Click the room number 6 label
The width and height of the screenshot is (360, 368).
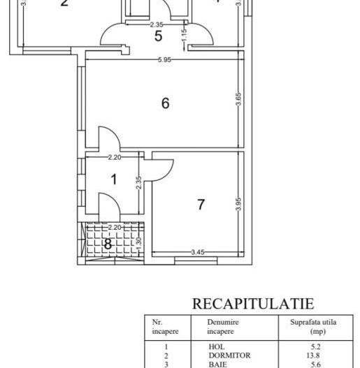pyautogui.click(x=165, y=103)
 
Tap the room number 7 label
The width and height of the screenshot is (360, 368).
pyautogui.click(x=201, y=205)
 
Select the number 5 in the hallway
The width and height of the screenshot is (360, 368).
pyautogui.click(x=158, y=36)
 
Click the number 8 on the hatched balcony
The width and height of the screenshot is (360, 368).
pyautogui.click(x=107, y=244)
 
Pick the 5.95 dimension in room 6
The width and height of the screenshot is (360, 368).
pyautogui.click(x=164, y=60)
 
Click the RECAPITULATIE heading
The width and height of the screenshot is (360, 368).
pyautogui.click(x=252, y=303)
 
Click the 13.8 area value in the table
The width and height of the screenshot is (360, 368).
pyautogui.click(x=317, y=354)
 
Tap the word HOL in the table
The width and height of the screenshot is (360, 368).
pyautogui.click(x=216, y=346)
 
